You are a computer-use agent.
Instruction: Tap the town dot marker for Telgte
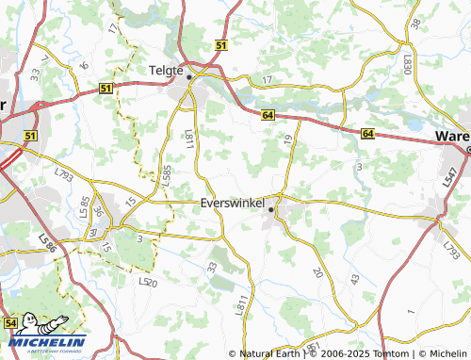[188, 77]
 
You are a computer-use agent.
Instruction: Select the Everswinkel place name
[232, 202]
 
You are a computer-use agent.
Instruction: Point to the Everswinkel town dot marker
[271, 210]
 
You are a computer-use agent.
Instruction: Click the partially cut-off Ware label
[452, 137]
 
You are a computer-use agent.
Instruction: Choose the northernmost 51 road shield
[220, 45]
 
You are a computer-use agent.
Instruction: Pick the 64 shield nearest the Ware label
[366, 136]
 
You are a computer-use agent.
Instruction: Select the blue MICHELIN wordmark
[47, 341]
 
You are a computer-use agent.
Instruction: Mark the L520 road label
[147, 282]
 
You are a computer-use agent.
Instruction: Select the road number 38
[415, 23]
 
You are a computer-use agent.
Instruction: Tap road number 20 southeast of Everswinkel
[317, 272]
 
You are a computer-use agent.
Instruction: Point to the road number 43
[354, 280]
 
